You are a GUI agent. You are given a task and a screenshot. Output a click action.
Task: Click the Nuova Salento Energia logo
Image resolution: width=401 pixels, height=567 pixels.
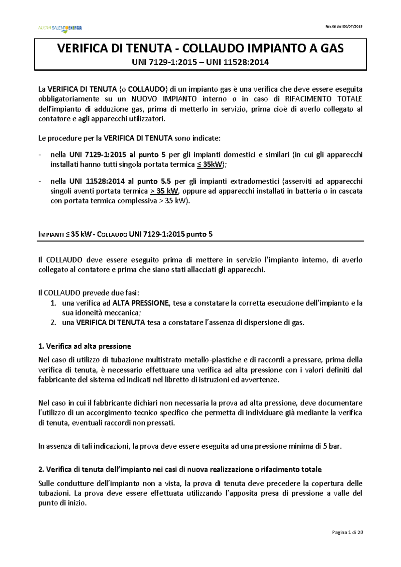tap(60, 28)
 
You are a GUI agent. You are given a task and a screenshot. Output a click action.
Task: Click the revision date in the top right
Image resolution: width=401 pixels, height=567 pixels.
tap(344, 26)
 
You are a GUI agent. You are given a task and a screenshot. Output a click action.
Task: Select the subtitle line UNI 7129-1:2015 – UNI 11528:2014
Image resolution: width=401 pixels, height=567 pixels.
tap(200, 62)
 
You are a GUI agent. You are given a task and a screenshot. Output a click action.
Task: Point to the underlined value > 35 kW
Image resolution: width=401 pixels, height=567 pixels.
tap(164, 191)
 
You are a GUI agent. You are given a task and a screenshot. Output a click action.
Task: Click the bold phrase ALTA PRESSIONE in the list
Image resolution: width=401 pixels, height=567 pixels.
tap(141, 303)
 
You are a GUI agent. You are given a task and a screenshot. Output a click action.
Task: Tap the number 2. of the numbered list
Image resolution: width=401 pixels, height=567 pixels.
tap(53, 323)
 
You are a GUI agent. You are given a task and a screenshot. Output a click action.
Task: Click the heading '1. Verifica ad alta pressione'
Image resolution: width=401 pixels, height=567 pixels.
tap(85, 346)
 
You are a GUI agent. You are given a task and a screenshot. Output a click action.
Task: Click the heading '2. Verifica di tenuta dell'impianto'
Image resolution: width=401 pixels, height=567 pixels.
tap(180, 469)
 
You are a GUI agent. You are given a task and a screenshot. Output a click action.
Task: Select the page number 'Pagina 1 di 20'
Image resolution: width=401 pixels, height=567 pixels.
tap(347, 533)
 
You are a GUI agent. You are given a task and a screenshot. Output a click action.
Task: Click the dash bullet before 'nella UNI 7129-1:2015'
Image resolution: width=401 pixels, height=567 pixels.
tap(40, 155)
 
